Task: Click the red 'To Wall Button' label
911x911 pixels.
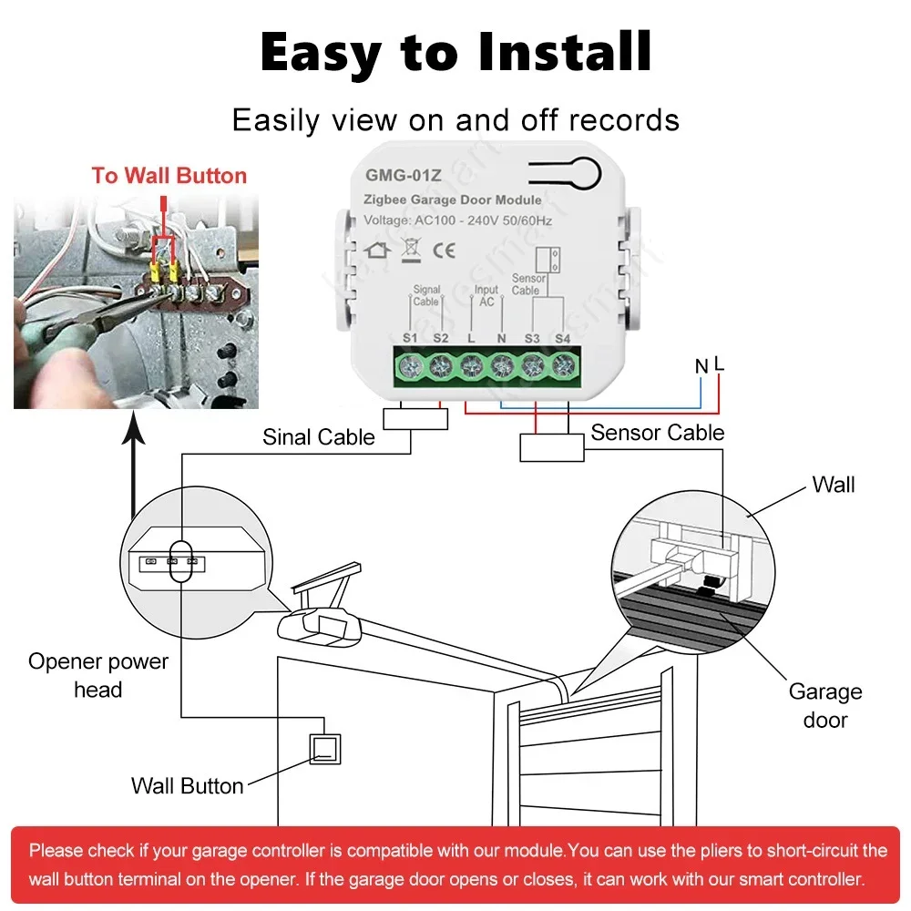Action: [169, 176]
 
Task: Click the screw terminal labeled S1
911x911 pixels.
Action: [410, 366]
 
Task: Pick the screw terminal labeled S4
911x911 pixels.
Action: [562, 366]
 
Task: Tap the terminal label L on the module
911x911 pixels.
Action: [470, 338]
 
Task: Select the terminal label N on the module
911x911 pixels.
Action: [501, 338]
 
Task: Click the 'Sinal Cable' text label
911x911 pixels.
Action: [319, 437]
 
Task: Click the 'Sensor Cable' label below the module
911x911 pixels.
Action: [657, 433]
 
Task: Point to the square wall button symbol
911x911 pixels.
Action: [325, 749]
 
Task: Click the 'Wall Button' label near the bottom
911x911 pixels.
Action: [187, 785]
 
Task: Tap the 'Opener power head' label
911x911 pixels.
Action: [98, 675]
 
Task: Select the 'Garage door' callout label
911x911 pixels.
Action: [824, 705]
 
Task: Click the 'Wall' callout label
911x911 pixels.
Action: [834, 485]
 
